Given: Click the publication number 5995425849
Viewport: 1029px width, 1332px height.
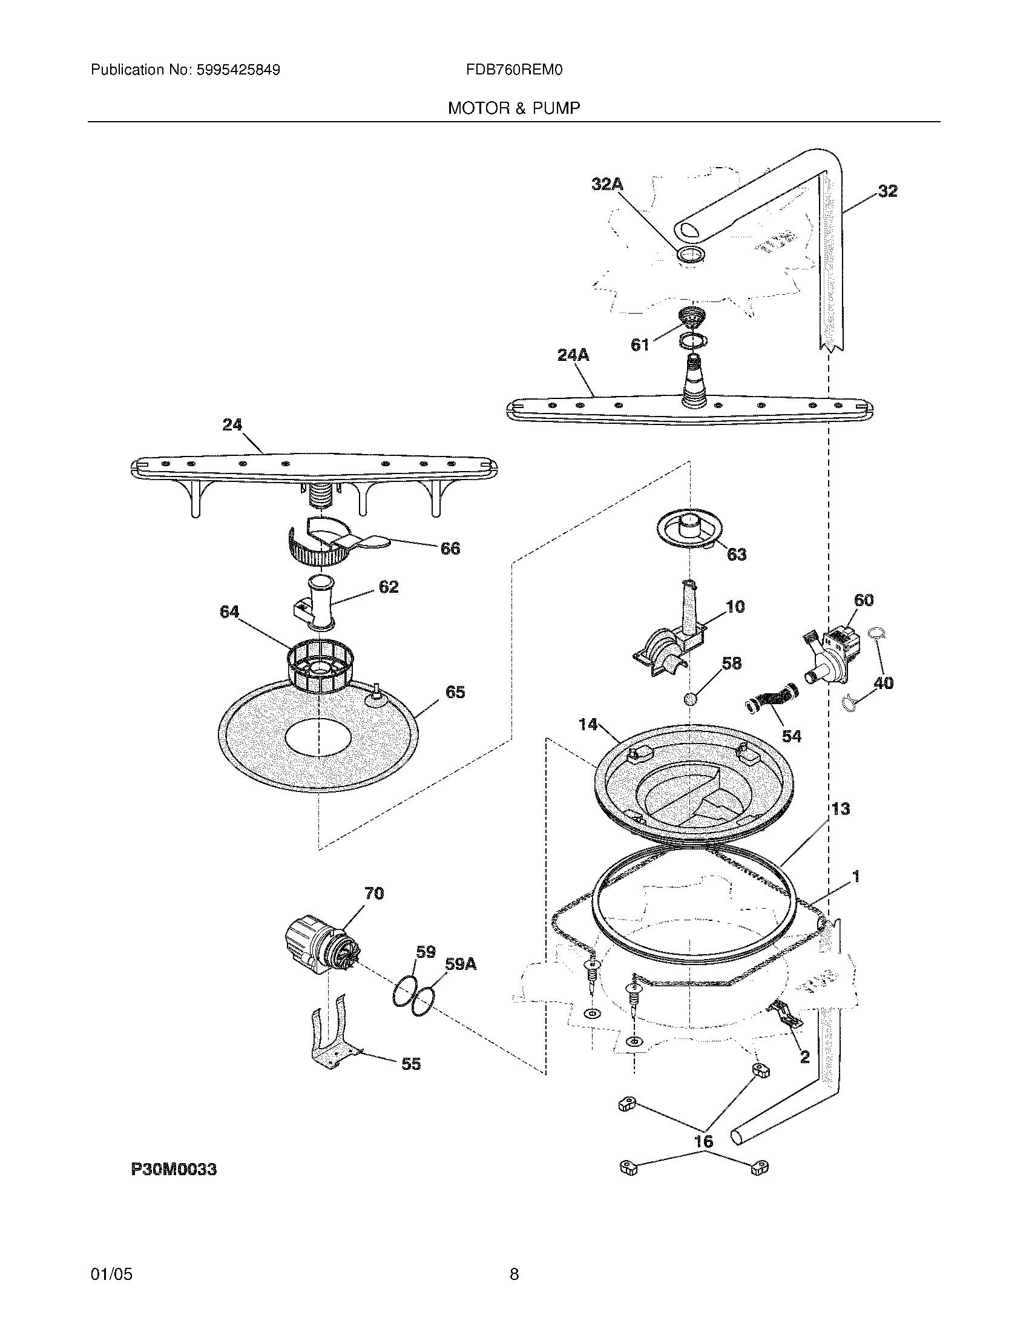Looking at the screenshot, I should coord(238,70).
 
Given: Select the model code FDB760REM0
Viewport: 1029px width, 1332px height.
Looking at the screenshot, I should coord(514,70).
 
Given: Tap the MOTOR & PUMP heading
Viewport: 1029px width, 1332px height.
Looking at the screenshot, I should coord(514,108).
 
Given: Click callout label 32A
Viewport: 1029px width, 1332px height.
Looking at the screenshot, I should coord(607,184).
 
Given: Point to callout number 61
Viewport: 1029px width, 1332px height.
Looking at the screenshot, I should coord(639,345).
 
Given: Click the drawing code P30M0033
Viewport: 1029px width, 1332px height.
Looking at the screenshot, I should coord(174,1170).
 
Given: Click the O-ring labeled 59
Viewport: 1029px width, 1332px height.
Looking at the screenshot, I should coord(403,998).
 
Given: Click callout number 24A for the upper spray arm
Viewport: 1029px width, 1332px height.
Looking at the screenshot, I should coord(573,355).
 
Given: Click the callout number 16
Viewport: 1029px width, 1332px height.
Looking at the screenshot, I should coord(704,1142).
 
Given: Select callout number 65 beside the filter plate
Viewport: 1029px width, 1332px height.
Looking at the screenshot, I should coord(455,692).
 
